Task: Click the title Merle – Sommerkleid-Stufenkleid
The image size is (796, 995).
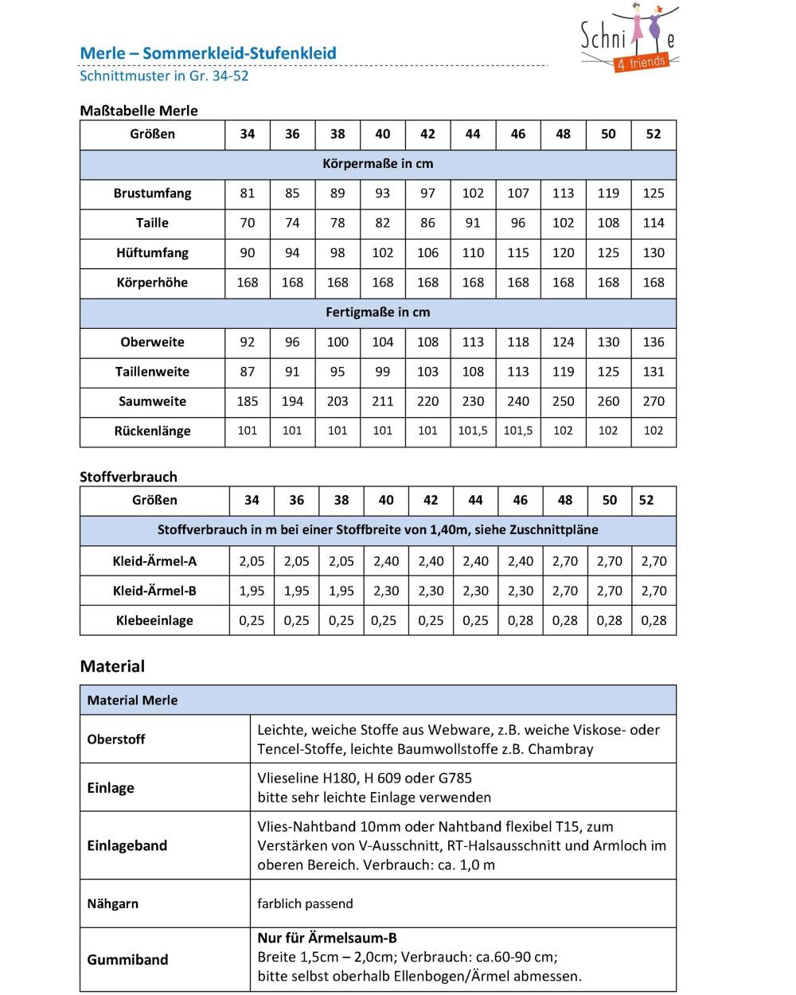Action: coord(208,53)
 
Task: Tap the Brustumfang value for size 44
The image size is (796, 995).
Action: coord(473,193)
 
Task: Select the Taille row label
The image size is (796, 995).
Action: coord(152,223)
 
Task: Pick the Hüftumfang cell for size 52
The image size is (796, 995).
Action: coord(654,253)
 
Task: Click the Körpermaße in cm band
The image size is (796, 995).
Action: coord(378,164)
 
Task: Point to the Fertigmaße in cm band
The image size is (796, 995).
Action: coord(378,313)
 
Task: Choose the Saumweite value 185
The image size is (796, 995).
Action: coord(248,402)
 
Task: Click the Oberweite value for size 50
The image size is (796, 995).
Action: coord(608,342)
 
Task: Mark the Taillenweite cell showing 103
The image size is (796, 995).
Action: coord(427,372)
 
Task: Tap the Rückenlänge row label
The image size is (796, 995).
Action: coord(152,431)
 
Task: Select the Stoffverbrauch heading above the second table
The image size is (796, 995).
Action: coord(128,477)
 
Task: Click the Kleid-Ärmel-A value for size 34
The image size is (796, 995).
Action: coord(252,561)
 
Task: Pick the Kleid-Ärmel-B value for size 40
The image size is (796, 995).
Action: coord(386,591)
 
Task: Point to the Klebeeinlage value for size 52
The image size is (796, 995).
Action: coord(654,621)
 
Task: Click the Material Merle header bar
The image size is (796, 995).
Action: coord(378,700)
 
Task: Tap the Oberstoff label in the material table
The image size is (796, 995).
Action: coord(116,739)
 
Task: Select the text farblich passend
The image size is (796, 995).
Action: coord(305,904)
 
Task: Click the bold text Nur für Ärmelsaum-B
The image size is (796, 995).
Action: coord(327,938)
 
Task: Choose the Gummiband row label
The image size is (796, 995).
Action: coord(127,960)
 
